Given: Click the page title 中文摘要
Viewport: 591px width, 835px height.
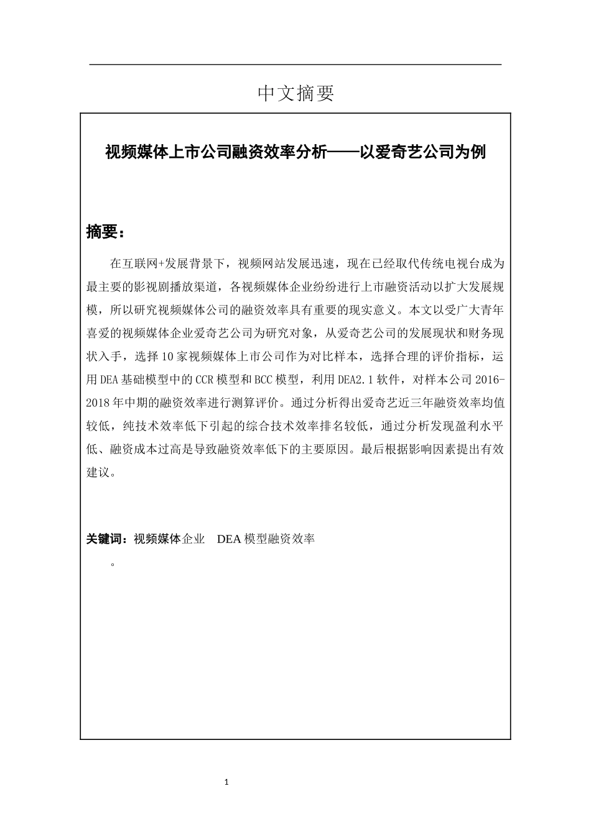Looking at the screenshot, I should click(x=295, y=93).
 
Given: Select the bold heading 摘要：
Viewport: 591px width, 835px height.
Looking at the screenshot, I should click(x=105, y=232).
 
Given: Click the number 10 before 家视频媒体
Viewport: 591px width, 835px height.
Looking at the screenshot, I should click(x=165, y=357).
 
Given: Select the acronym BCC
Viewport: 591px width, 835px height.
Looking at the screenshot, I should click(x=265, y=380).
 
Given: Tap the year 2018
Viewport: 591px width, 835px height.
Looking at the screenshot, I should click(x=98, y=403).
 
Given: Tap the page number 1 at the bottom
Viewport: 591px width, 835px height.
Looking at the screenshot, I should click(x=226, y=782).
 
